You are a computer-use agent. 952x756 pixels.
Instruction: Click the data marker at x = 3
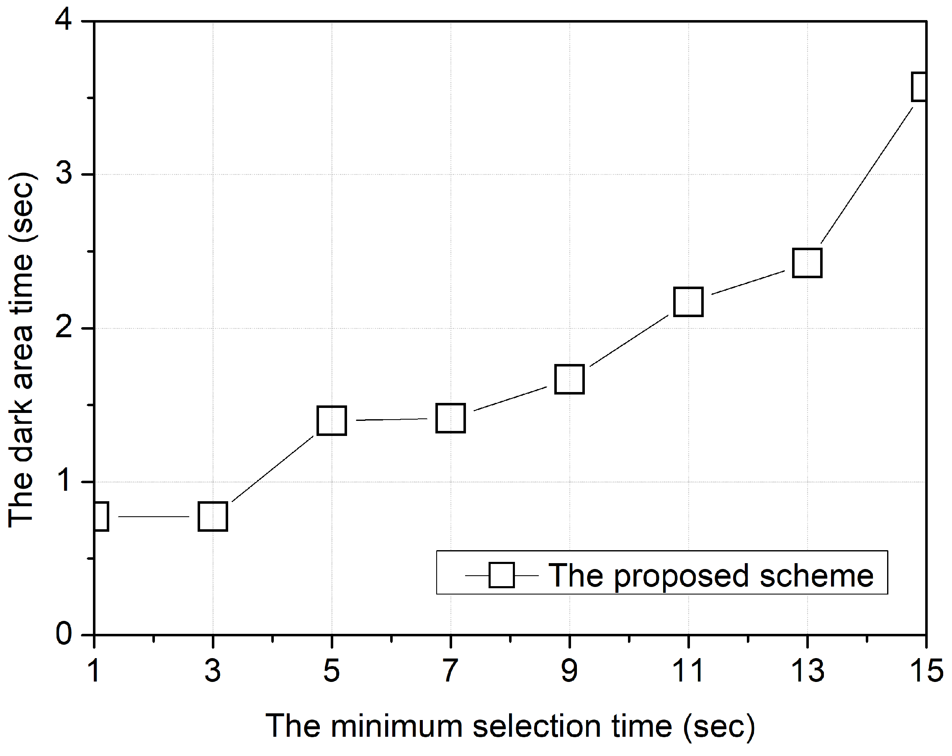[x=213, y=516]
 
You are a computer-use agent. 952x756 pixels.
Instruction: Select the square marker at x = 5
[x=332, y=420]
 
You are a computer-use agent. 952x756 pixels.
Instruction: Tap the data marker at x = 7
[x=450, y=418]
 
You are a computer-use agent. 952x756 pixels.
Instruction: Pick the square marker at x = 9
[x=570, y=379]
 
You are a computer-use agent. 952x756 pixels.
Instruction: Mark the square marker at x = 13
[x=807, y=263]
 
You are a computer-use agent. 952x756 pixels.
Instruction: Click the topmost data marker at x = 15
[x=919, y=87]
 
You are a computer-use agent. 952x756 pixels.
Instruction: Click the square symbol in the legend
[x=502, y=576]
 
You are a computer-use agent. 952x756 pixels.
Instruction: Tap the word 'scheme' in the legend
[x=816, y=577]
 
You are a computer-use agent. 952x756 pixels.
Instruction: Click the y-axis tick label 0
[x=64, y=634]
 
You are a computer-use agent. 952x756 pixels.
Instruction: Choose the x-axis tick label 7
[x=450, y=671]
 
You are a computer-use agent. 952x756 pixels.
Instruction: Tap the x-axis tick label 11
[x=688, y=671]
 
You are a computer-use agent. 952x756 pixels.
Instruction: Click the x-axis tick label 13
[x=807, y=671]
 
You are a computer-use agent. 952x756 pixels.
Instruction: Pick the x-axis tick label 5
[x=331, y=671]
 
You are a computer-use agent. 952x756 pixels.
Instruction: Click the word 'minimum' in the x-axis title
[x=396, y=726]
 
